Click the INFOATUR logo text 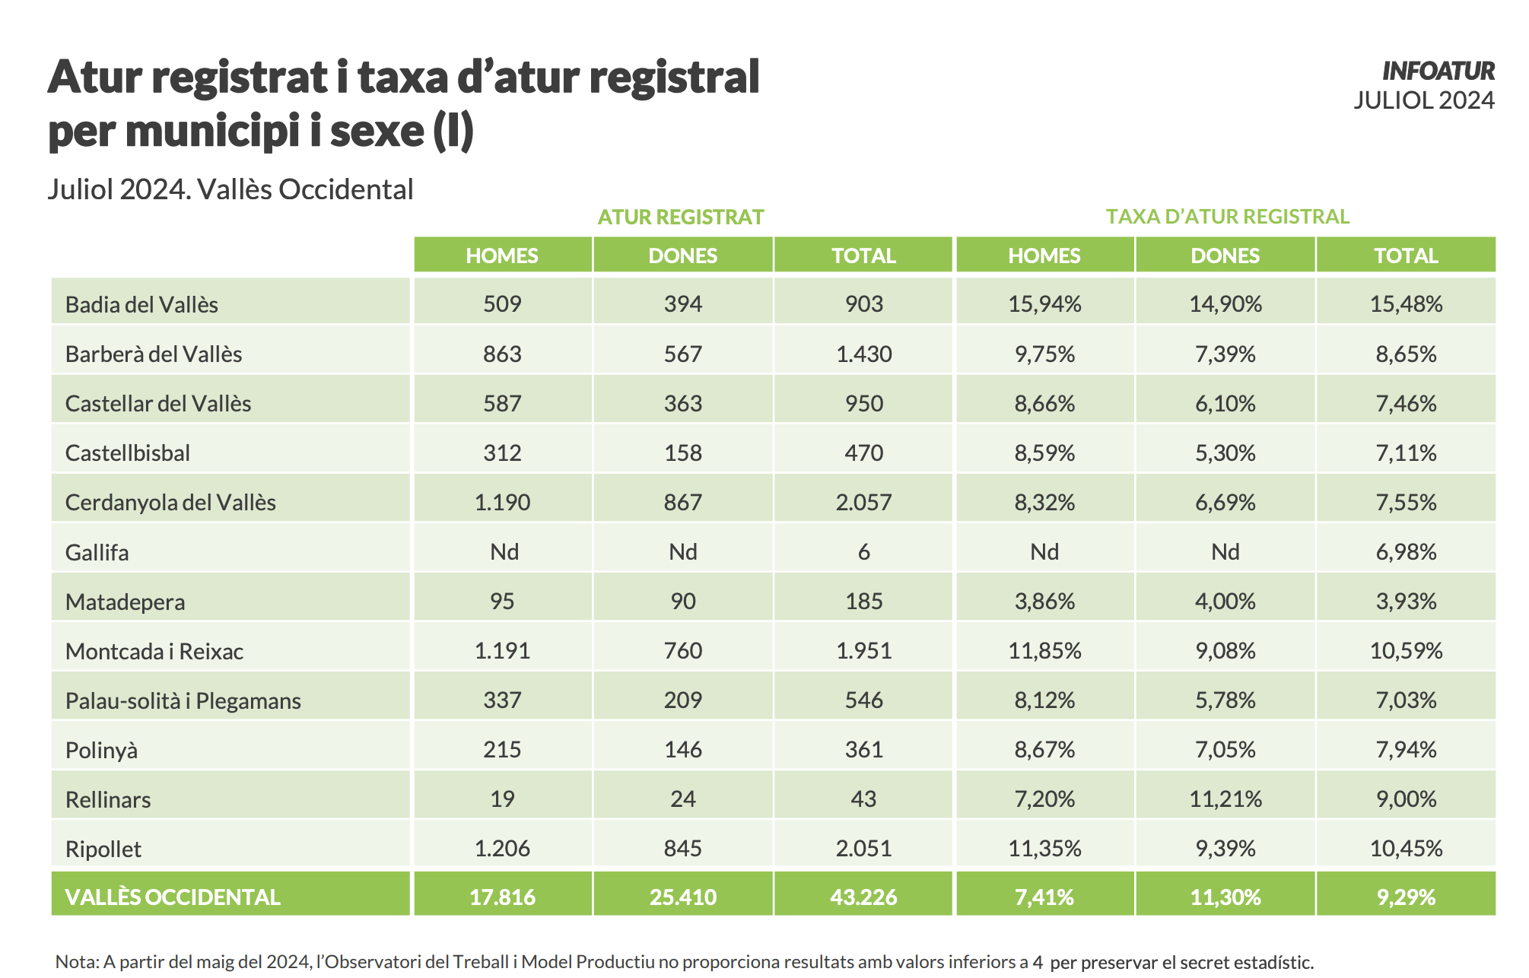tap(1438, 71)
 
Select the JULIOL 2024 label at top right tap(1423, 100)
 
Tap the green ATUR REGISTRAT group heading tap(680, 218)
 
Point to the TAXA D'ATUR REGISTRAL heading tap(1227, 217)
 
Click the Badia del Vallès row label tap(141, 305)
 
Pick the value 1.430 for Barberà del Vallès tap(863, 354)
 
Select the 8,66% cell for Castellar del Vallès tap(1044, 404)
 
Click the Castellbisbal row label tap(128, 453)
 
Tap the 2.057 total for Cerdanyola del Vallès tap(863, 503)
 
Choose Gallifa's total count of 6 tap(863, 552)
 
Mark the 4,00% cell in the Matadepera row tap(1225, 602)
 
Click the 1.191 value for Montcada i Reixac tap(502, 651)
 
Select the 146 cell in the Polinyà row tap(682, 750)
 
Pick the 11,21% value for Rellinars tap(1225, 799)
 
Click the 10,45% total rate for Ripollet tap(1406, 849)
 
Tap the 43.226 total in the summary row tap(863, 897)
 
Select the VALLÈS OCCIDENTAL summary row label tap(173, 897)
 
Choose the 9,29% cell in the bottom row tap(1406, 897)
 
